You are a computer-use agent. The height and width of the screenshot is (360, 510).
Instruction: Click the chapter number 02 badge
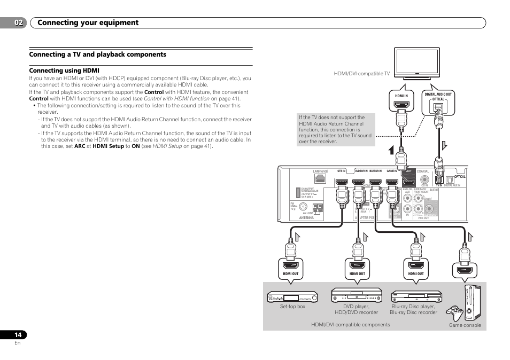pyautogui.click(x=19, y=22)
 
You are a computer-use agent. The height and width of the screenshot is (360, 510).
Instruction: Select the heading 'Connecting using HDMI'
pyautogui.click(x=64, y=71)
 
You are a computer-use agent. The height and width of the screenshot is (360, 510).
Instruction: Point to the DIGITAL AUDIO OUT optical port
pyautogui.click(x=438, y=107)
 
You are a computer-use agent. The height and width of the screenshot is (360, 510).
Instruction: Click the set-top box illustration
pyautogui.click(x=292, y=296)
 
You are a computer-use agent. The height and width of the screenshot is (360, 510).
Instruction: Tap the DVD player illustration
pyautogui.click(x=357, y=295)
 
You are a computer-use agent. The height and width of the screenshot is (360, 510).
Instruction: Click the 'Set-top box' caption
pyautogui.click(x=292, y=307)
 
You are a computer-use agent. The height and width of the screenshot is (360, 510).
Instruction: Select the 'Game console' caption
pyautogui.click(x=465, y=325)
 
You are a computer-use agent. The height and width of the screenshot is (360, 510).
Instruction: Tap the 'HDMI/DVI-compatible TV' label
pyautogui.click(x=361, y=74)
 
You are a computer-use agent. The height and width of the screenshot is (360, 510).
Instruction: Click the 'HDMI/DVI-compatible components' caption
pyautogui.click(x=351, y=325)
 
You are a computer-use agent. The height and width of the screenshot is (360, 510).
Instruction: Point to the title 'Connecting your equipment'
pyautogui.click(x=89, y=22)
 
